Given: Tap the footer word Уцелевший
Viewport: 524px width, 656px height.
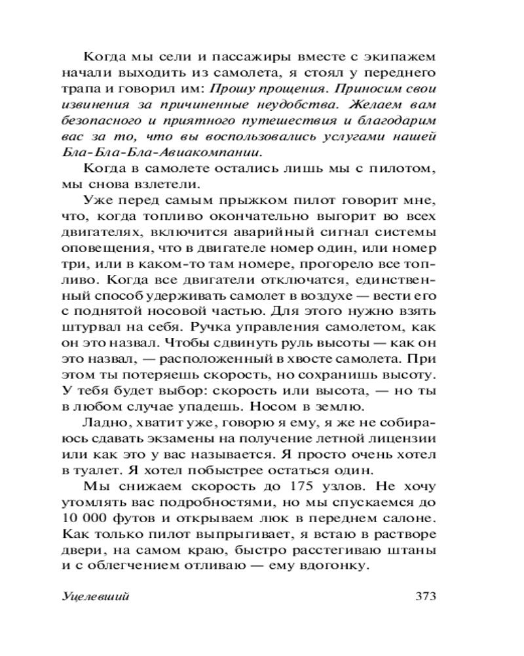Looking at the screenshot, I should click(96, 597).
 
